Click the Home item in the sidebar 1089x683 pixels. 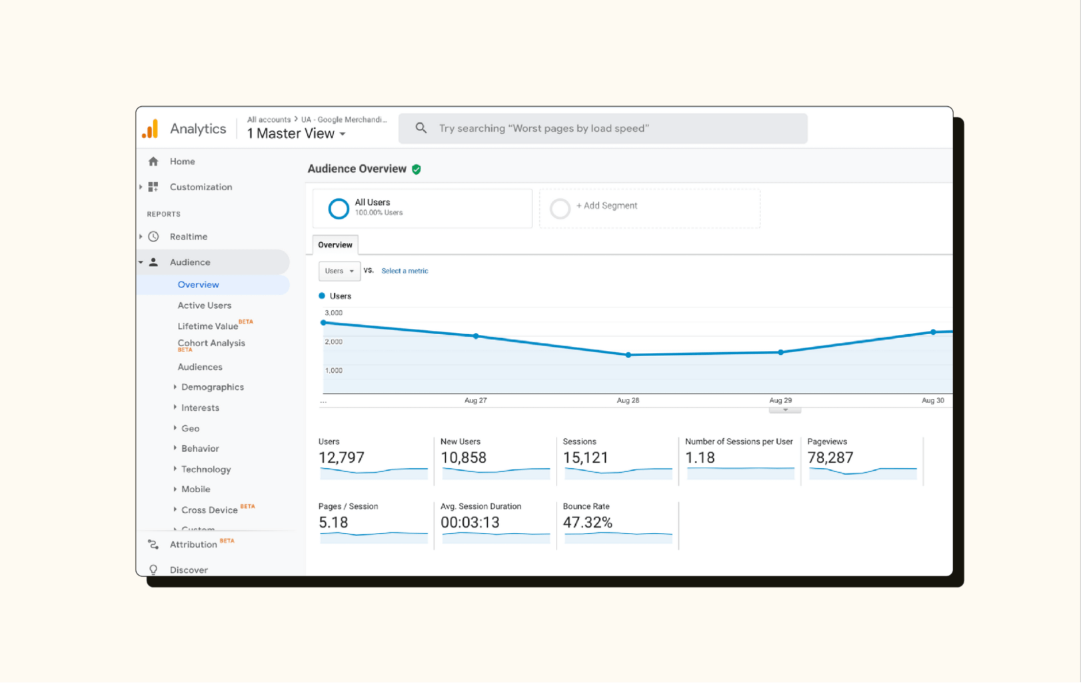(x=181, y=161)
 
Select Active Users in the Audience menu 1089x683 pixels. (x=204, y=305)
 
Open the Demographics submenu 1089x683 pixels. (x=212, y=387)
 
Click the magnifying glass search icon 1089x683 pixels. (x=421, y=128)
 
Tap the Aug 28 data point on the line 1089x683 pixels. (x=628, y=355)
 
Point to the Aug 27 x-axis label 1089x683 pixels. (x=475, y=400)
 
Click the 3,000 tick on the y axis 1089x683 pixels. (x=333, y=313)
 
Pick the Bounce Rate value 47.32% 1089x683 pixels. (x=587, y=523)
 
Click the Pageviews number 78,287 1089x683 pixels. (x=830, y=458)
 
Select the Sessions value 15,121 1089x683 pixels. (x=585, y=458)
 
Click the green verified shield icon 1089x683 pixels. (x=417, y=169)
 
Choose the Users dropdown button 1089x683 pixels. (x=339, y=271)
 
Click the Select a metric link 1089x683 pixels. (x=405, y=271)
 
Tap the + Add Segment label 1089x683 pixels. (x=606, y=205)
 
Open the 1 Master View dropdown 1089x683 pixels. (x=297, y=133)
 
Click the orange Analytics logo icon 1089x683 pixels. (x=151, y=129)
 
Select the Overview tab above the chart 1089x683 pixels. (x=335, y=245)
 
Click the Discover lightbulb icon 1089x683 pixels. (x=153, y=570)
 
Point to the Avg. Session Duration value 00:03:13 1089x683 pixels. (x=470, y=523)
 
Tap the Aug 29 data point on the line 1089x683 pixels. (x=780, y=352)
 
